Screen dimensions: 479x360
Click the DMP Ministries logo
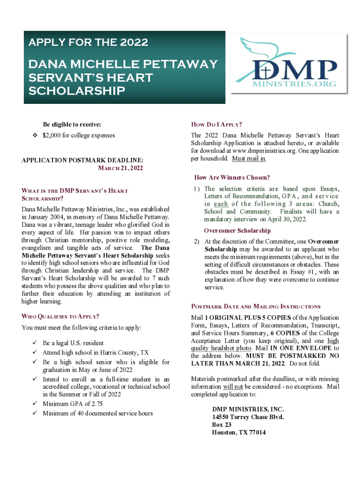point(286,67)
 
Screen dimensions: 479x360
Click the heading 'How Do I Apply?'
point(216,124)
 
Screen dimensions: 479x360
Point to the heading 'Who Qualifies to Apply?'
point(60,316)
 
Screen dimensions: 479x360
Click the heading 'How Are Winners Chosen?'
point(231,177)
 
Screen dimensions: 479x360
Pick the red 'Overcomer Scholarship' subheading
point(237,231)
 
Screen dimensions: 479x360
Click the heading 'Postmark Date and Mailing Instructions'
point(256,306)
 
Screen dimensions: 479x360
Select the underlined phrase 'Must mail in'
point(249,159)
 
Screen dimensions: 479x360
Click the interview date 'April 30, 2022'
point(287,219)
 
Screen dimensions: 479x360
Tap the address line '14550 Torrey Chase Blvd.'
point(247,416)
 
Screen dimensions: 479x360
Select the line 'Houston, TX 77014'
point(238,432)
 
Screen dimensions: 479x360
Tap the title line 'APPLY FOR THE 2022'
point(88,43)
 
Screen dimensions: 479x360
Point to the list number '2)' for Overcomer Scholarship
point(197,241)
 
